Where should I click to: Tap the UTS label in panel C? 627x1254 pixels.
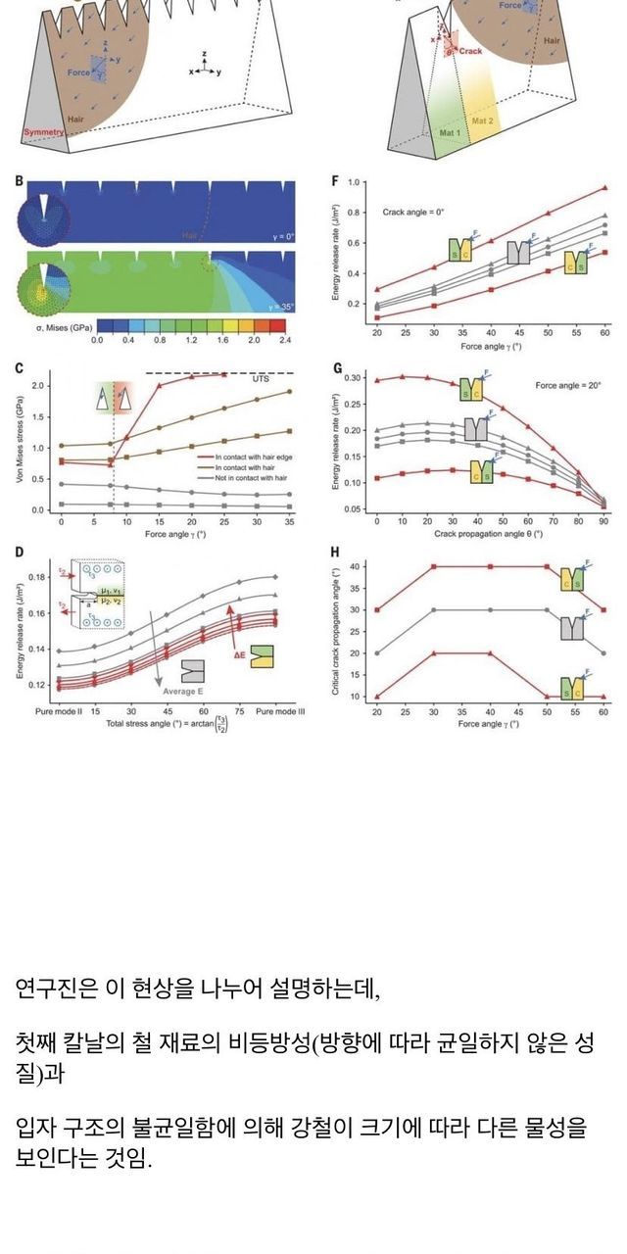point(260,378)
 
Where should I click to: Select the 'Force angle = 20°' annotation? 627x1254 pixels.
point(567,386)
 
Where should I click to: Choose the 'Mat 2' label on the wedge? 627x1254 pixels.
point(484,121)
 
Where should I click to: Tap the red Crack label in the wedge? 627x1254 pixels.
point(470,50)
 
